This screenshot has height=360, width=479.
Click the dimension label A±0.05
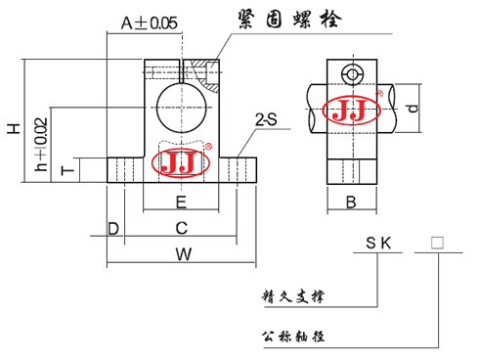pyautogui.click(x=149, y=23)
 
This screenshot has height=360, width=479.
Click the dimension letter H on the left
pyautogui.click(x=14, y=128)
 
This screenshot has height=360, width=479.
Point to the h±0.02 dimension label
pyautogui.click(x=40, y=145)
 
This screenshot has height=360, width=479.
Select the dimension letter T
pyautogui.click(x=65, y=171)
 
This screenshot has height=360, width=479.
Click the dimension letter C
pyautogui.click(x=181, y=228)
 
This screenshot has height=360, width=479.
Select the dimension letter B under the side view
pyautogui.click(x=351, y=202)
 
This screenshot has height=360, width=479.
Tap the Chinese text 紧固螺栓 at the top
pyautogui.click(x=283, y=20)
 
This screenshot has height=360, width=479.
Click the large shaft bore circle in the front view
pyautogui.click(x=183, y=103)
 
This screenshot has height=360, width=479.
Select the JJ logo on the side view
pyautogui.click(x=350, y=111)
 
